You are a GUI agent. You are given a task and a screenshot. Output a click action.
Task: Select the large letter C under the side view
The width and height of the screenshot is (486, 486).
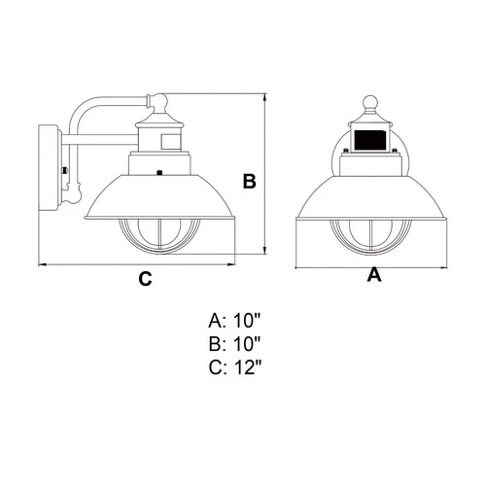click(x=144, y=279)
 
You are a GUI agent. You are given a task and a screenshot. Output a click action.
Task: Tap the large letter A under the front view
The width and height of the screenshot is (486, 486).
click(x=373, y=275)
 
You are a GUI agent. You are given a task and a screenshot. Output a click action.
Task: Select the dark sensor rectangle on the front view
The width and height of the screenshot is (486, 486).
click(x=368, y=143)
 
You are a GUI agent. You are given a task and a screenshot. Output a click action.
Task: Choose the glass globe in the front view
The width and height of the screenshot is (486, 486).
click(x=368, y=237)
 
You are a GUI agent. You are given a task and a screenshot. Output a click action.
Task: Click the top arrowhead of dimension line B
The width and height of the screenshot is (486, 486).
click(x=266, y=97)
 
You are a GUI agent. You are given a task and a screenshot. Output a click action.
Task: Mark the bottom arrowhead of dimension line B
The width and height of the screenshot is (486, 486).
click(x=266, y=254)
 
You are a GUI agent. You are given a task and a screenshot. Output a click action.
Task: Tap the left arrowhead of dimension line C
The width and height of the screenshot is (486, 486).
click(x=42, y=263)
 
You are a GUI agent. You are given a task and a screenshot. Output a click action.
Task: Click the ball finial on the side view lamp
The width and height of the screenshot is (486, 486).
click(x=160, y=101)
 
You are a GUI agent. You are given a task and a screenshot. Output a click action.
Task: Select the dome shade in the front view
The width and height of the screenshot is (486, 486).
click(x=368, y=194)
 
